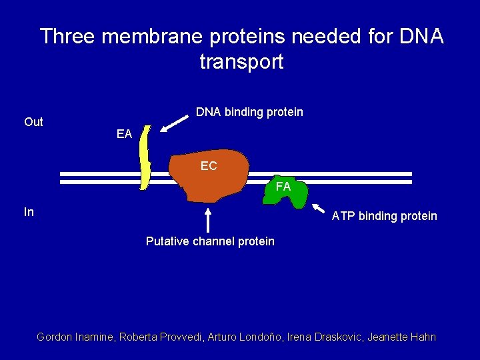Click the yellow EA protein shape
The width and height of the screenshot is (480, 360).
[145, 157]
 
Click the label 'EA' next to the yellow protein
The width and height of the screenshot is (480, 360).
[124, 135]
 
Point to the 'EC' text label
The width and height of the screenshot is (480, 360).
[209, 166]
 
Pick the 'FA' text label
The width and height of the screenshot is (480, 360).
[283, 187]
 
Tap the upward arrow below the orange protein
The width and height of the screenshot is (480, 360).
[209, 220]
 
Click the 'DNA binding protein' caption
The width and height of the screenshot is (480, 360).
[249, 112]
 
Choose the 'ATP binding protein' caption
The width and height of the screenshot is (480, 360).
[385, 216]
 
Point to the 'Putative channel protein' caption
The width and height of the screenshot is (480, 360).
[210, 241]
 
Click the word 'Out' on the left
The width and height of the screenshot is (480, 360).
[33, 122]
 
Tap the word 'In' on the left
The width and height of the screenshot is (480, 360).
[29, 212]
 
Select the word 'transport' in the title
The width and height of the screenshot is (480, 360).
[241, 62]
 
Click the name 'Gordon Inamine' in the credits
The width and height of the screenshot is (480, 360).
[75, 337]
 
